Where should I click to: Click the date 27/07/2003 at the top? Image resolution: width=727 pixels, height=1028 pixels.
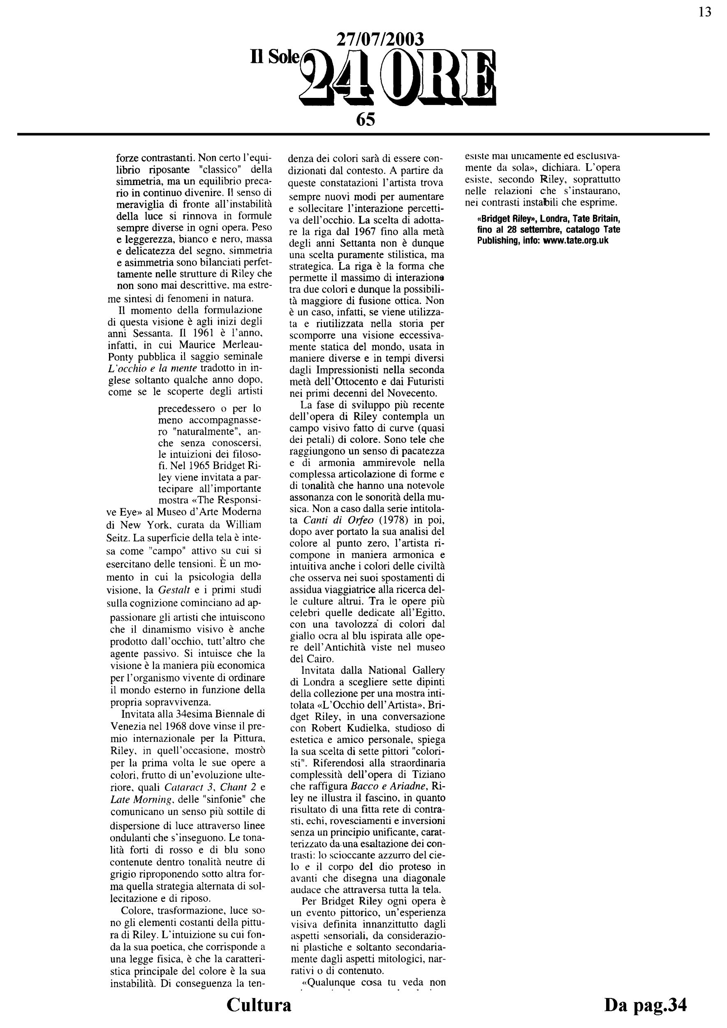(x=379, y=40)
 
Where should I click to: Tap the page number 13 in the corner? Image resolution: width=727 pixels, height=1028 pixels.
(x=705, y=12)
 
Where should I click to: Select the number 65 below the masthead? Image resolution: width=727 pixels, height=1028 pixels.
(x=365, y=120)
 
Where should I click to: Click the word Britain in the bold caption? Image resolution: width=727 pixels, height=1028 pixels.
(x=602, y=220)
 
